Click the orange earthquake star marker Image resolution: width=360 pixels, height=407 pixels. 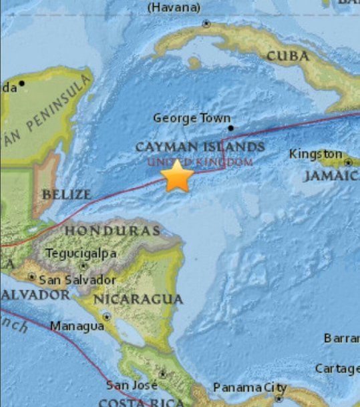[x=178, y=177]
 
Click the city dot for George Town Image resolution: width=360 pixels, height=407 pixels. [x=230, y=127]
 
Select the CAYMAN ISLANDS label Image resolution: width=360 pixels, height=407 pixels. [x=200, y=147]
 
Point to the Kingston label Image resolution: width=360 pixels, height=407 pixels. [x=315, y=154]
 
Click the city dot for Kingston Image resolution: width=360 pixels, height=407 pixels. [x=348, y=162]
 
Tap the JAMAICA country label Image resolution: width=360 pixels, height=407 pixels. [x=331, y=175]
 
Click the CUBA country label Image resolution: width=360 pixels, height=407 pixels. [x=288, y=56]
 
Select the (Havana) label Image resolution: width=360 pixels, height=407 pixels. [x=174, y=7]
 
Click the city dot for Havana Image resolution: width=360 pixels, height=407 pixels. [x=206, y=23]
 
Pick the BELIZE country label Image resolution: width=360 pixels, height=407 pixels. [x=66, y=195]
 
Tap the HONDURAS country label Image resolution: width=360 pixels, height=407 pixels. [x=112, y=231]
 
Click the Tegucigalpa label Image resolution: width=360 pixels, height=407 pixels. [x=81, y=254]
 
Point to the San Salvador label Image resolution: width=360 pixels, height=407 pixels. [x=77, y=280]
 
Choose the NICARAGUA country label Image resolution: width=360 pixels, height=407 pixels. [x=138, y=299]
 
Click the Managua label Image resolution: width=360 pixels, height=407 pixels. [x=77, y=326]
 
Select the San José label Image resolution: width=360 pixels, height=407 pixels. [x=132, y=386]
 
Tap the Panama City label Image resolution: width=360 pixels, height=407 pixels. [x=250, y=388]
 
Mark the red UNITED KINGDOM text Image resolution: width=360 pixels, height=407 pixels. [x=200, y=162]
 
